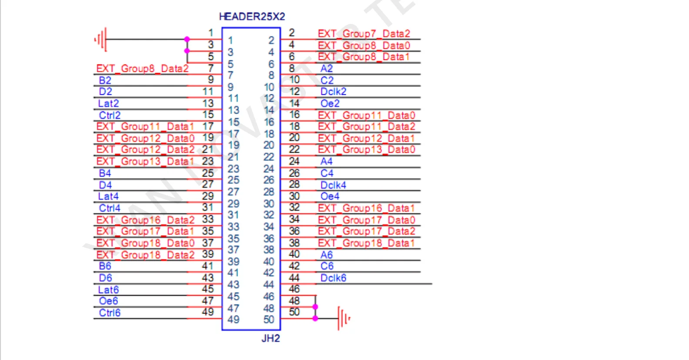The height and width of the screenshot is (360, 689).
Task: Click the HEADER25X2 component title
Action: coord(252,17)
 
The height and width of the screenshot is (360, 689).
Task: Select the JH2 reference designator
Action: coord(271,338)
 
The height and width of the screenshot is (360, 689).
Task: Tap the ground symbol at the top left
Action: coord(101,40)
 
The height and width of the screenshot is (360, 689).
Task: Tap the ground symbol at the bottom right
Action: coord(344,319)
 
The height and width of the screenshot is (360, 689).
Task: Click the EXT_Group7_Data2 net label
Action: coord(364,33)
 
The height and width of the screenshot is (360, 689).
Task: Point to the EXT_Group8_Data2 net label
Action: coord(142,69)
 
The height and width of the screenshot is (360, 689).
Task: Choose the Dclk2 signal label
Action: coord(333,92)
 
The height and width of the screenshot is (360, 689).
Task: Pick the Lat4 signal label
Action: coord(108,197)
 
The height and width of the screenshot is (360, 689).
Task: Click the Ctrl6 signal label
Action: coord(110,313)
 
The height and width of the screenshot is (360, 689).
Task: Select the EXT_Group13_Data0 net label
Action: coord(366,150)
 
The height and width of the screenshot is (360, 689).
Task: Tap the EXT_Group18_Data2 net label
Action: coord(145,255)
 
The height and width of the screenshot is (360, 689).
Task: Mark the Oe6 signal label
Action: coord(108,301)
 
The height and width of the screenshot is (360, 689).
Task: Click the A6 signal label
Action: coord(326,255)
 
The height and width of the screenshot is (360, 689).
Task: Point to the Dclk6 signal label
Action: coord(333,278)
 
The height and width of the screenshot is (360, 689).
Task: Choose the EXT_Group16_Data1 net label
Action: coord(366,208)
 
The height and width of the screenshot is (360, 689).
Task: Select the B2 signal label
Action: coord(105,80)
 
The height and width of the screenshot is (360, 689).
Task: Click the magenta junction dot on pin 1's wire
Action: coord(187,40)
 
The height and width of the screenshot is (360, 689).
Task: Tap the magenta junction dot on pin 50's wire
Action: coord(315,319)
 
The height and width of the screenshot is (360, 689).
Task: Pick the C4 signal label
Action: coord(327,173)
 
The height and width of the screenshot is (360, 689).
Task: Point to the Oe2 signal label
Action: coord(330,103)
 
